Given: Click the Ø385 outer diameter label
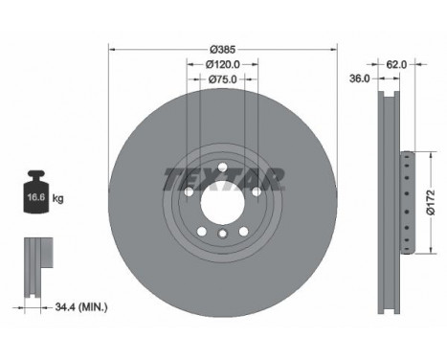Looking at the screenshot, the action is click(223, 50).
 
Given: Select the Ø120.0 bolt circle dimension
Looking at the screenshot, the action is click(223, 64).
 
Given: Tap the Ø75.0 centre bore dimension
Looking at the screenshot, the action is click(223, 79).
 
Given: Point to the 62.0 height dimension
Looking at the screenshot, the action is click(396, 64).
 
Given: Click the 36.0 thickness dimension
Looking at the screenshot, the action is click(359, 79).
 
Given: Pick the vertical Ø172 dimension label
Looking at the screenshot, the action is click(431, 203).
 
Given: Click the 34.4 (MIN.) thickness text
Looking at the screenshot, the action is click(81, 307).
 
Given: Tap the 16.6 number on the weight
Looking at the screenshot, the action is click(35, 197).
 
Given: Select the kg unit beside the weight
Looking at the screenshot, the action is click(57, 198).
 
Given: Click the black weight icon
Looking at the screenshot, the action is click(35, 191).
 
